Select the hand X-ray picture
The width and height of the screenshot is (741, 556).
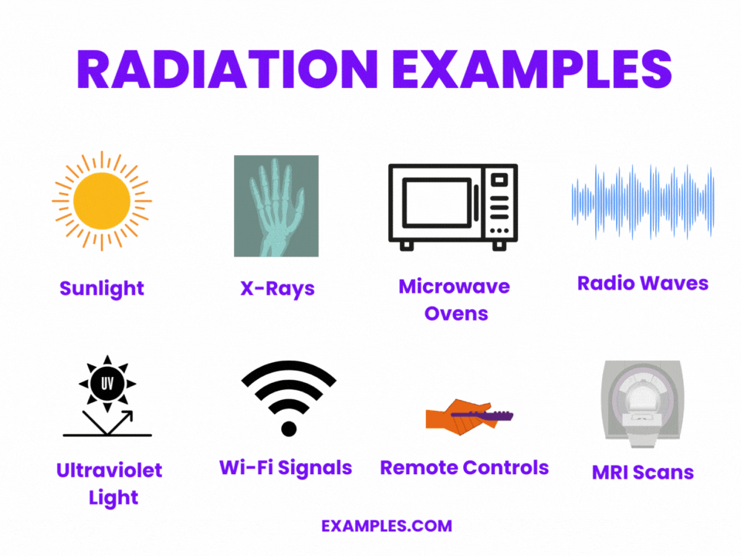(276, 205)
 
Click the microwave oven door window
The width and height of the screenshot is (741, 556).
(437, 202)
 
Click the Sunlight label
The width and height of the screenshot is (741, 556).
(102, 289)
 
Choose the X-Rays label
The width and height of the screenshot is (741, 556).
(277, 289)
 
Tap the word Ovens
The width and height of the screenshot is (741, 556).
(455, 314)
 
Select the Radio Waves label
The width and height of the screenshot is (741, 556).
(642, 283)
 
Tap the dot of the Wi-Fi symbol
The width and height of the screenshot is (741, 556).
(289, 428)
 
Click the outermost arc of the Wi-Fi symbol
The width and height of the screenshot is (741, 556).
(289, 371)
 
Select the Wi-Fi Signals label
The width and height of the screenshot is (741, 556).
(286, 467)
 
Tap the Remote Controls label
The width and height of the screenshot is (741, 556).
(464, 467)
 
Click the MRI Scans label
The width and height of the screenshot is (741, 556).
(642, 472)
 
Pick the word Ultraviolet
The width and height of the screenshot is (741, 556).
(110, 470)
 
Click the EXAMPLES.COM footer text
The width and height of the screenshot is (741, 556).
(387, 526)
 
